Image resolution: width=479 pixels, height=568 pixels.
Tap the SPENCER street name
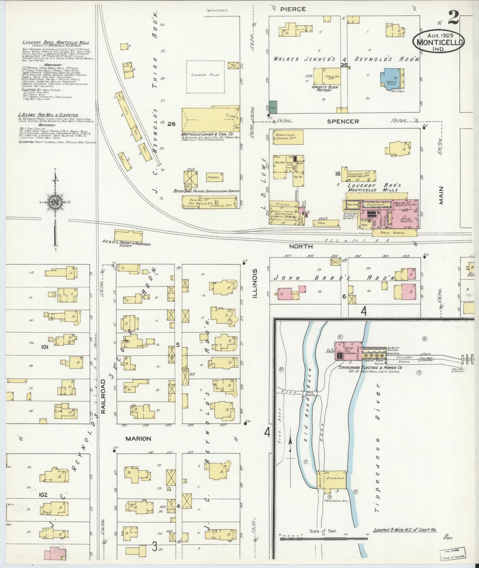click(x=343, y=121)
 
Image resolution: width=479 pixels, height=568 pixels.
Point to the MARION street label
click(x=138, y=438)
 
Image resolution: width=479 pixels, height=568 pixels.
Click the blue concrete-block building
click(x=390, y=79)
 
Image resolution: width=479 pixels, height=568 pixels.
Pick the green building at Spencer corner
click(x=273, y=107)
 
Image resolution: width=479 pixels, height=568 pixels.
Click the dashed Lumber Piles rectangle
click(x=205, y=77)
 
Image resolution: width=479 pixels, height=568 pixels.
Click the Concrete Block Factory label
click(x=325, y=88)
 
